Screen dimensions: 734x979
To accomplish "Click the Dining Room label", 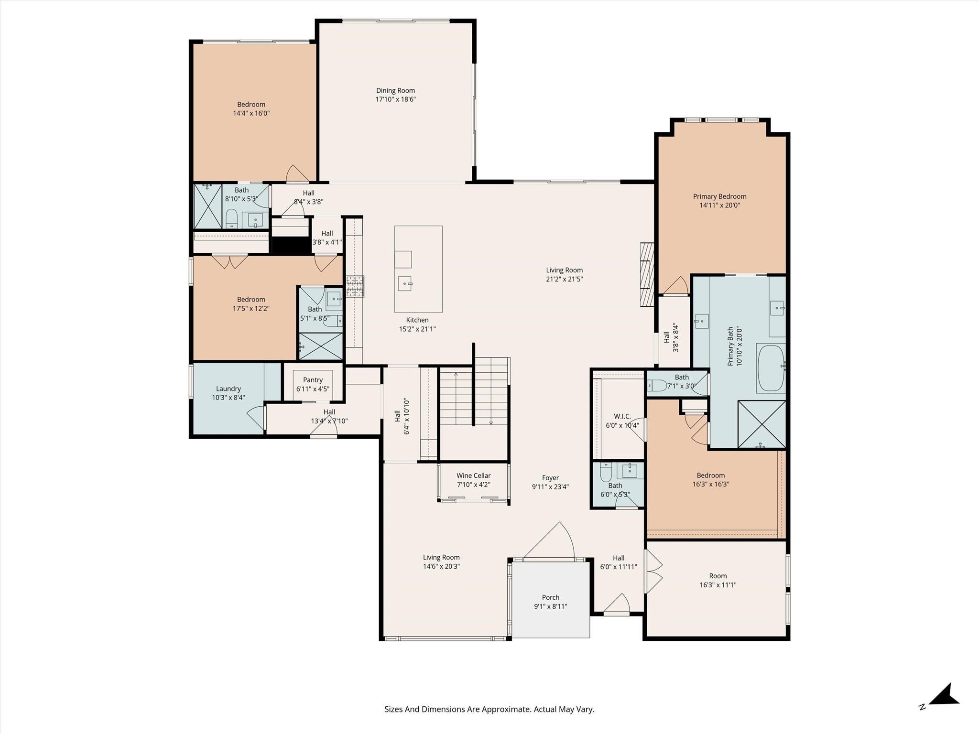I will pos(395,90).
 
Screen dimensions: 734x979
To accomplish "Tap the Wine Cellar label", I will pos(473,475).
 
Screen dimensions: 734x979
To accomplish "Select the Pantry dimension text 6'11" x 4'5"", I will pos(313,389).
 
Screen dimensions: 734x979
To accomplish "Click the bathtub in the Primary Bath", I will pos(770,368).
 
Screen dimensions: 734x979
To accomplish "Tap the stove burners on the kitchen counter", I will pos(355,286).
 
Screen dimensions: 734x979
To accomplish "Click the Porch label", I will pos(550,597).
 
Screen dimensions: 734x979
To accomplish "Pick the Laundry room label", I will pos(228,389).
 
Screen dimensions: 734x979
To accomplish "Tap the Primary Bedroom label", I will pos(719,196).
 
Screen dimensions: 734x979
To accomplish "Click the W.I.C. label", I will pos(622,416).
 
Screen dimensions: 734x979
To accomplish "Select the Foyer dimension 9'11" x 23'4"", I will pos(550,487).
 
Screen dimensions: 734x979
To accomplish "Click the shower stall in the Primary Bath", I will pos(761,424).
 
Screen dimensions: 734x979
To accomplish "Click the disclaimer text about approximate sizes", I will pos(489,709).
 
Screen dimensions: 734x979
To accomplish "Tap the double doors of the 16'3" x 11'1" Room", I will pos(653,572).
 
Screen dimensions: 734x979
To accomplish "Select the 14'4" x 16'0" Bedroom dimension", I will pos(251,113).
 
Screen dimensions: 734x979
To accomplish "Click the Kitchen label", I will pos(417,320).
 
